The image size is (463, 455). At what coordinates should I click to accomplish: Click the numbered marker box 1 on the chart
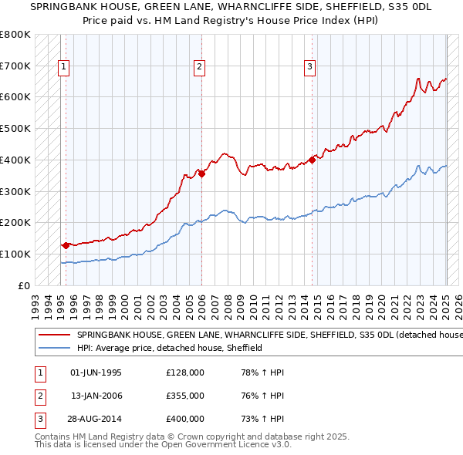pyautogui.click(x=65, y=67)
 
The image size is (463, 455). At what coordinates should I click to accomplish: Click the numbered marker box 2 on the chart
pyautogui.click(x=199, y=67)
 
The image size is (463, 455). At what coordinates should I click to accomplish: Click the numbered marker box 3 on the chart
pyautogui.click(x=309, y=67)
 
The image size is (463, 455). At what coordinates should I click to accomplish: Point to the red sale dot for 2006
pyautogui.click(x=201, y=174)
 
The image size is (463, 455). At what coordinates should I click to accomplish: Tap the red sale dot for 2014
pyautogui.click(x=313, y=160)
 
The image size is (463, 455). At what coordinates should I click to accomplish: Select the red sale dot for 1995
pyautogui.click(x=66, y=245)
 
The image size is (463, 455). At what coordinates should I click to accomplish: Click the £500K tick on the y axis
pyautogui.click(x=15, y=129)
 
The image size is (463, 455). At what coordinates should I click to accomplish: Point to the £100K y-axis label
pyautogui.click(x=15, y=254)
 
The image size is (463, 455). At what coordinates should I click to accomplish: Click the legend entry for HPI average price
pyautogui.click(x=170, y=348)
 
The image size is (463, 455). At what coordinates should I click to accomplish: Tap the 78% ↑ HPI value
pyautogui.click(x=263, y=372)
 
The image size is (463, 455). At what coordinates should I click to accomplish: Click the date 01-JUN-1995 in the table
pyautogui.click(x=96, y=372)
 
